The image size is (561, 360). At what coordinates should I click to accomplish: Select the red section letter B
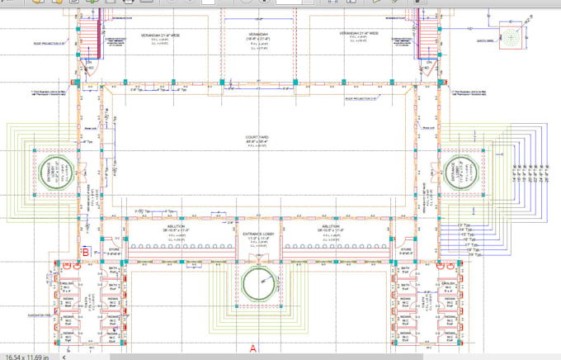pos(85,251)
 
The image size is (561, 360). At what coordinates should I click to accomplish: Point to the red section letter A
pos(253,348)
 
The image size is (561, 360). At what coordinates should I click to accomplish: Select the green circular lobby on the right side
pos(457,173)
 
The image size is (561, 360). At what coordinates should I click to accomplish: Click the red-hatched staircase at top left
pos(86,36)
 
